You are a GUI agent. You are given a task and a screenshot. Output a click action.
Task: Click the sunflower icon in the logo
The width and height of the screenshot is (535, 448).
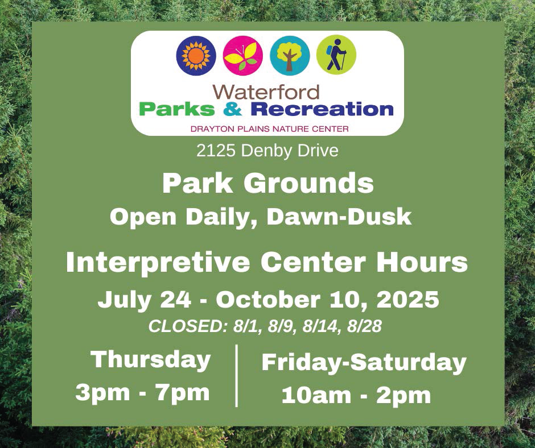[x=196, y=55]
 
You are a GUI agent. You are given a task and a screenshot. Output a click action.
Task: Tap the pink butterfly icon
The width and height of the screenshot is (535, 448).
[x=243, y=55]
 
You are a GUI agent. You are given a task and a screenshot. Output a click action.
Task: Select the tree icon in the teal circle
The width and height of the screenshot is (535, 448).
[x=290, y=55]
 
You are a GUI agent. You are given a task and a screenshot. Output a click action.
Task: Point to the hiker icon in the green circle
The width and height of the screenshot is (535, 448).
[x=336, y=55]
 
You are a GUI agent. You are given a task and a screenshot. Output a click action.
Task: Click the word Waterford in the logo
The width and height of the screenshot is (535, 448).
[x=266, y=92]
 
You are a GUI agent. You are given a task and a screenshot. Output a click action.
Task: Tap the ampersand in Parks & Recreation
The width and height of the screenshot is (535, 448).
[x=234, y=109]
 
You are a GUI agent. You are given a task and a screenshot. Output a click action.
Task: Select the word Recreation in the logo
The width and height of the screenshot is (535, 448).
[x=322, y=109]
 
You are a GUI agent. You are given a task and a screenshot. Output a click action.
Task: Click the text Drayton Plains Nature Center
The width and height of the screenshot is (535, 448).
[x=269, y=128]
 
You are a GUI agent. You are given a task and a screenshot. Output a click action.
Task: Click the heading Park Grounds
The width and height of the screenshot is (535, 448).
[x=267, y=183]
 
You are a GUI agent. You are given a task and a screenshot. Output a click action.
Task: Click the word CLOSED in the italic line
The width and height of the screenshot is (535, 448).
[x=188, y=326]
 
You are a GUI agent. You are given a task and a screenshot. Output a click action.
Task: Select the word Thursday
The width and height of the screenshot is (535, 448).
[x=151, y=360]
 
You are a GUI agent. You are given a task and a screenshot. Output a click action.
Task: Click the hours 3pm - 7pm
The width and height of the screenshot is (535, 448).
[x=142, y=392]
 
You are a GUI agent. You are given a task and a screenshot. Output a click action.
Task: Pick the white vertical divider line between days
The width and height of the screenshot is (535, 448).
[x=236, y=375]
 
